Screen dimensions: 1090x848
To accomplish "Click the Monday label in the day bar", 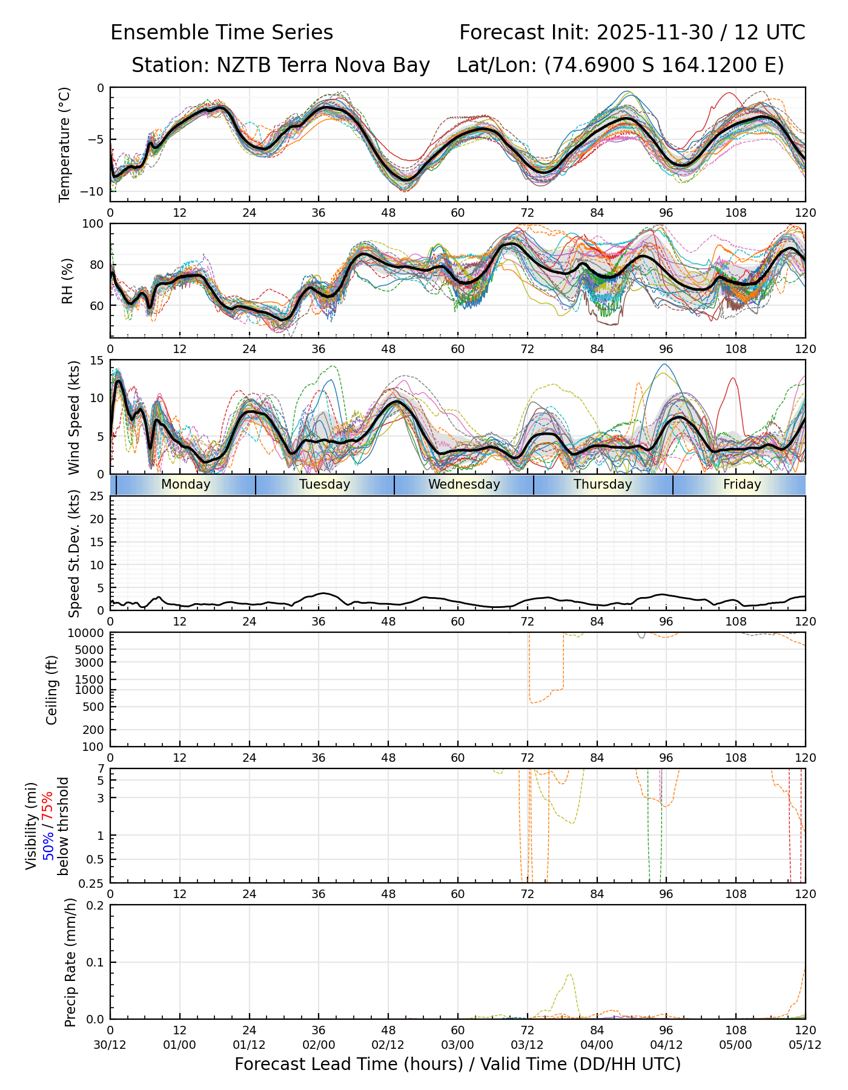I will [186, 484].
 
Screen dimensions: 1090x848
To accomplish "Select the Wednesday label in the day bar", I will [464, 484].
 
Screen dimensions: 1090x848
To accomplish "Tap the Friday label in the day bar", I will [742, 484].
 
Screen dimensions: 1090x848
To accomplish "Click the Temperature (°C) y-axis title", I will [65, 144].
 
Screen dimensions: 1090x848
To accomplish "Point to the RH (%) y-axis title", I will [67, 280].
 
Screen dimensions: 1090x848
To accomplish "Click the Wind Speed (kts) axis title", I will [74, 417].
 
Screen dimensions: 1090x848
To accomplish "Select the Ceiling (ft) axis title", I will [52, 690].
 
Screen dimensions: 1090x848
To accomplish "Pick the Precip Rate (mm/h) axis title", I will [70, 962].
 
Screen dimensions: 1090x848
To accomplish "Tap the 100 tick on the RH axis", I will [94, 224].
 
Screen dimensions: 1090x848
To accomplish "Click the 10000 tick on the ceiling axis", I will [88, 633].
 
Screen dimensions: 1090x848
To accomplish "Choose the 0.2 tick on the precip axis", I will [96, 905].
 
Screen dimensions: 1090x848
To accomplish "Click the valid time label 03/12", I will [527, 1045].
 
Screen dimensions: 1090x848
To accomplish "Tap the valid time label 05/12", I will [805, 1045].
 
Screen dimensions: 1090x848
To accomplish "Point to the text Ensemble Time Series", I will [222, 33].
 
